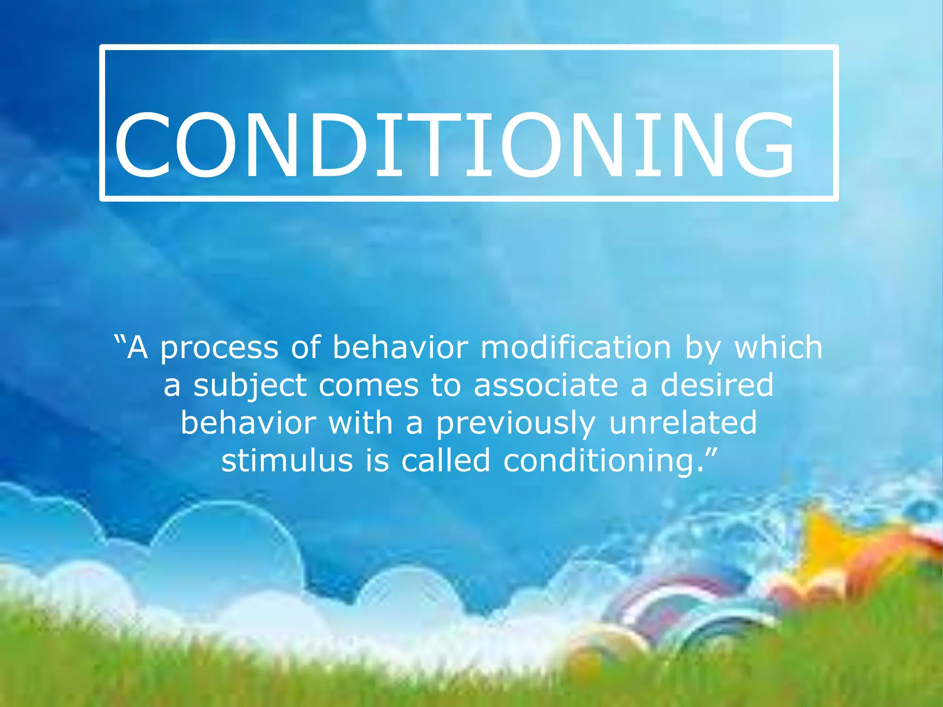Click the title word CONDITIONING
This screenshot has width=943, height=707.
455,145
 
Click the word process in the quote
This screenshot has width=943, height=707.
219,349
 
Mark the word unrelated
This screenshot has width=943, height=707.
683,423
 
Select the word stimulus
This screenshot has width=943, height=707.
287,460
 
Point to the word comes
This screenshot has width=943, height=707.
368,386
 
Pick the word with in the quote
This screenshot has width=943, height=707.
361,423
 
